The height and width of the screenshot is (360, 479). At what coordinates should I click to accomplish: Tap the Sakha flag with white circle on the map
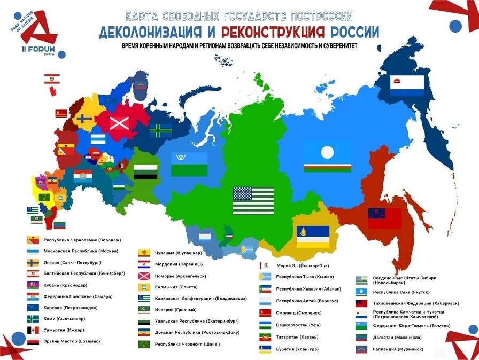pos(327,156)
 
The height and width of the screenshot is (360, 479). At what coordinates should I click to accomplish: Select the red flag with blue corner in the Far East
pos(384,218)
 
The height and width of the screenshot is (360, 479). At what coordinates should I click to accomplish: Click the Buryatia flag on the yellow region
pos(313,237)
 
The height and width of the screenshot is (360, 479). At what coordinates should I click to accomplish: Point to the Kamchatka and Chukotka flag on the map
pos(406,85)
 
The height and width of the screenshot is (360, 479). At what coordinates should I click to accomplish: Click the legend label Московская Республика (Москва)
pos(81,251)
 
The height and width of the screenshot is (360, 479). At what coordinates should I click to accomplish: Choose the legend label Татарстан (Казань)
pos(297,337)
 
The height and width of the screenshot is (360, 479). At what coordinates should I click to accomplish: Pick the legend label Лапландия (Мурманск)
pos(396,349)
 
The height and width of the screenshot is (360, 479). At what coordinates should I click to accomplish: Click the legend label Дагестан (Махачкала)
pos(396,337)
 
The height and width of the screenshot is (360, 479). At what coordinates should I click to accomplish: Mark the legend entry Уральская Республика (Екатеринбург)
pos(196,321)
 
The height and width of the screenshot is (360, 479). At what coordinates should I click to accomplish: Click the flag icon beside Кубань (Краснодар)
pos(33,285)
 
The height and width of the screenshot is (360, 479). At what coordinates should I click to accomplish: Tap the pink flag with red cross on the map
pos(119,123)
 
